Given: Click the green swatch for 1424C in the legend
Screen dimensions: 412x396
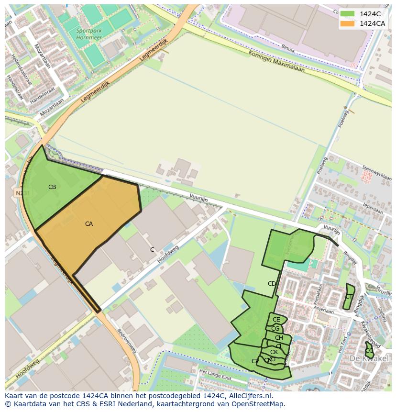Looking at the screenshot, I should (347, 14).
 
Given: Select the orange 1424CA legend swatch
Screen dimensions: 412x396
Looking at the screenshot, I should (347, 23).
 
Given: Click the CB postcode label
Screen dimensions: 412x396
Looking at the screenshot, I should (52, 187).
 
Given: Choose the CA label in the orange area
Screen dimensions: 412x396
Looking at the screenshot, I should (89, 224).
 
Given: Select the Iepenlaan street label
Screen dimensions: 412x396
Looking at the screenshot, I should (373, 209).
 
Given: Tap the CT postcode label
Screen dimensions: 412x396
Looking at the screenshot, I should (349, 297).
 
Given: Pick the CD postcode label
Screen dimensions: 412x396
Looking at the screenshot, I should (272, 284).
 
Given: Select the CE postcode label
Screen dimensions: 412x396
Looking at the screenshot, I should (276, 320).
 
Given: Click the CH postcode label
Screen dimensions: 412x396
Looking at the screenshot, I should (279, 338).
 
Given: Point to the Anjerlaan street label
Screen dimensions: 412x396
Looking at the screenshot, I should (324, 311).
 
